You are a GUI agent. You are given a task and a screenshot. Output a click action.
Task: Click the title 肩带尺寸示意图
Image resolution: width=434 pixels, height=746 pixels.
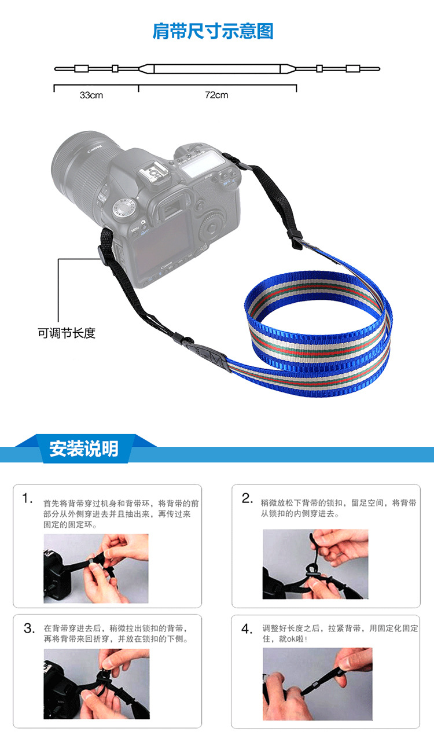[x=213, y=31]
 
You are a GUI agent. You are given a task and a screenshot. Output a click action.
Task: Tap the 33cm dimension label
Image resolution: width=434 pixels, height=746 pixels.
[x=91, y=95]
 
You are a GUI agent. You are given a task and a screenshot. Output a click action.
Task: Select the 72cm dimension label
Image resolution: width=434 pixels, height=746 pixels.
[x=216, y=95]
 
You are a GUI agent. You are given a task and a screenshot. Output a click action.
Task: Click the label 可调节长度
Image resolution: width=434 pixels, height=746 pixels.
[x=67, y=333]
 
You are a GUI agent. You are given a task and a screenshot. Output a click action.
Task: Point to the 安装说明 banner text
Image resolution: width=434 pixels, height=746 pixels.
[x=84, y=449]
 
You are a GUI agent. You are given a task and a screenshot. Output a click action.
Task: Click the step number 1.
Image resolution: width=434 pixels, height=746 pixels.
[x=27, y=499]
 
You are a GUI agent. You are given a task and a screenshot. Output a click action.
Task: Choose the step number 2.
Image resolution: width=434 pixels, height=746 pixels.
[x=247, y=498]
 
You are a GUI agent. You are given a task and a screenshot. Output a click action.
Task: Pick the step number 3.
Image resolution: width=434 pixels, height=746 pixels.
[x=29, y=628]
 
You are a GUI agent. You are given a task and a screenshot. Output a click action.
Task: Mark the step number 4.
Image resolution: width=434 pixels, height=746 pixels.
[x=247, y=629]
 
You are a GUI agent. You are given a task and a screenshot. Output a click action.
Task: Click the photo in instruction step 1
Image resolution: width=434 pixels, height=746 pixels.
[x=96, y=568]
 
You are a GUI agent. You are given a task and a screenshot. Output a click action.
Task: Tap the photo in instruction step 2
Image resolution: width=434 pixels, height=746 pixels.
[x=315, y=564]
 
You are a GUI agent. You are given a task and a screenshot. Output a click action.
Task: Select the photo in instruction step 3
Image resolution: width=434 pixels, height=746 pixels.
[x=97, y=683]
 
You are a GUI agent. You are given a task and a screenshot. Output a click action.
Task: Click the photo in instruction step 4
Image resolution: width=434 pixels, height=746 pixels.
[x=318, y=684]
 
